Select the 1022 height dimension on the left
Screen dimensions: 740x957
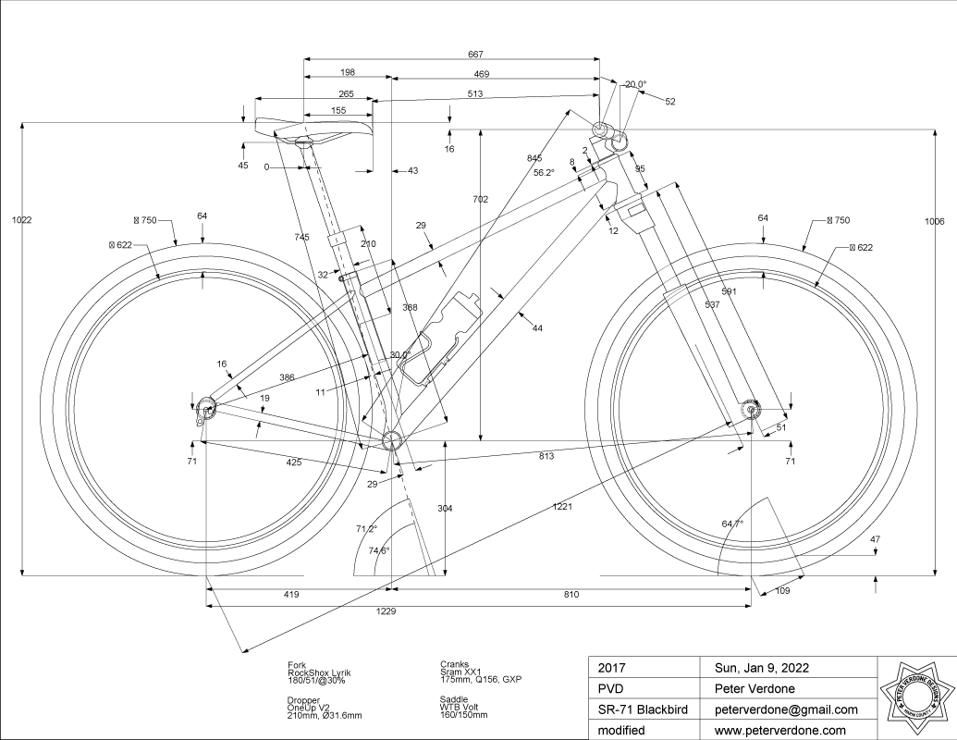[20, 220]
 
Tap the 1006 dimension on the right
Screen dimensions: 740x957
[934, 221]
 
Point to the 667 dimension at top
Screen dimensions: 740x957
[476, 54]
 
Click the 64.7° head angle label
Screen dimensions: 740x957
[732, 524]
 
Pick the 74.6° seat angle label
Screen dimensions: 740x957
[379, 550]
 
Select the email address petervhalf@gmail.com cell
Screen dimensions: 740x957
[786, 709]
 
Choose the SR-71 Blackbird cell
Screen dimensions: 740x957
[641, 709]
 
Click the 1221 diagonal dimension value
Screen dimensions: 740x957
[564, 507]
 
